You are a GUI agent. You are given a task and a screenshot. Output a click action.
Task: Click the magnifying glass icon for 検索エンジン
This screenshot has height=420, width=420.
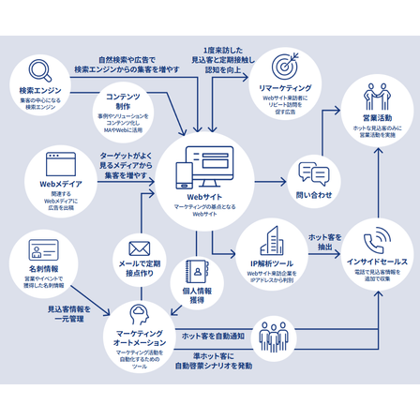click(38, 71)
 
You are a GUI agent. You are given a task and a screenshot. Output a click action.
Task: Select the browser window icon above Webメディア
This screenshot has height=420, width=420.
click(62, 166)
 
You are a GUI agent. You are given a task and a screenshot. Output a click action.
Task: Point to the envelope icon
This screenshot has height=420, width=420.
click(140, 247)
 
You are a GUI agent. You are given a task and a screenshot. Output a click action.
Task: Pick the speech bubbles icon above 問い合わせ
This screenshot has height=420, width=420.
click(314, 173)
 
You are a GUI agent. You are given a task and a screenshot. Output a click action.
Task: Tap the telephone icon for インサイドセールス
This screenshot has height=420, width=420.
click(376, 239)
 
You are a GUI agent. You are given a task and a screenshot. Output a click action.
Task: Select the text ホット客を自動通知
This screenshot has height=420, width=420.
click(212, 335)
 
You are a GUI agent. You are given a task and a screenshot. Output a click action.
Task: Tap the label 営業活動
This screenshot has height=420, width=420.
click(377, 120)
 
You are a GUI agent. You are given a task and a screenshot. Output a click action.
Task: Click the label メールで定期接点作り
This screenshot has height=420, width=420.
click(140, 271)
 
